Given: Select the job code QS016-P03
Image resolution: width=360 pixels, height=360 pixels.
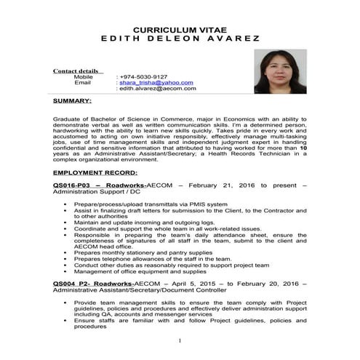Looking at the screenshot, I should tap(71, 185).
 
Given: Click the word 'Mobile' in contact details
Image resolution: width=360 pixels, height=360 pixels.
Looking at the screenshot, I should tap(84, 76).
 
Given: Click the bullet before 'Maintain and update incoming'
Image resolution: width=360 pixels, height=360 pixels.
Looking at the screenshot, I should tap(65, 222).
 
